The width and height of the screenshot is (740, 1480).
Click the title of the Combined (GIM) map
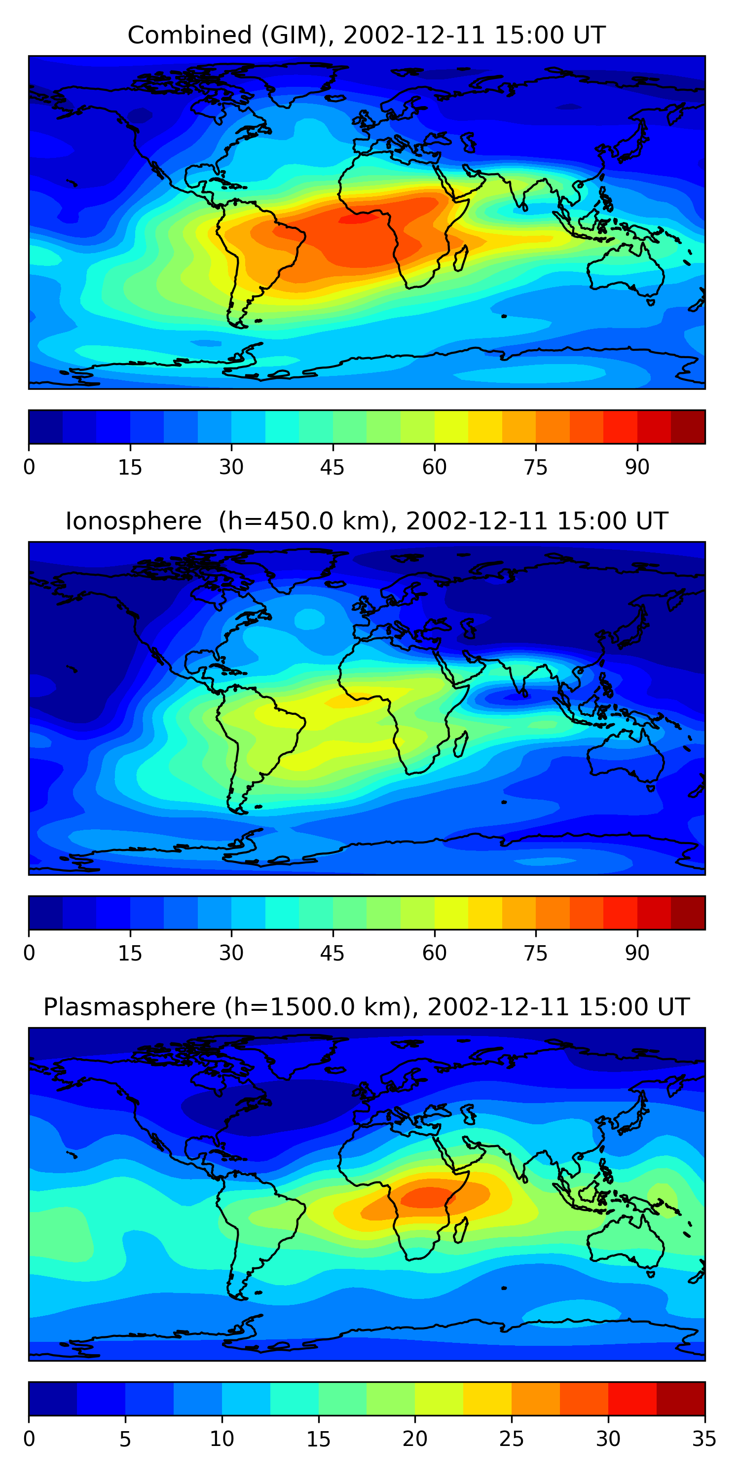click(x=367, y=35)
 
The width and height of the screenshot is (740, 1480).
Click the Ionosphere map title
click(x=367, y=521)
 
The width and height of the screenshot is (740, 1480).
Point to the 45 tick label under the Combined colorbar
click(x=332, y=467)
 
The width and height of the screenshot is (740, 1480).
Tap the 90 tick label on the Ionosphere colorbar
click(x=637, y=953)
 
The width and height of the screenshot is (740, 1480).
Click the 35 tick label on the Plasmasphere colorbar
click(x=704, y=1439)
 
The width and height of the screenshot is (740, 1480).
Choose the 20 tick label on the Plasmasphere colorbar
click(x=415, y=1439)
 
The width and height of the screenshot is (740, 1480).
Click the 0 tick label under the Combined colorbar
click(x=29, y=467)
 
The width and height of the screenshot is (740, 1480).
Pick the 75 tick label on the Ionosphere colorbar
click(x=535, y=953)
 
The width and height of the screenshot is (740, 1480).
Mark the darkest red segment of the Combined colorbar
click(x=688, y=427)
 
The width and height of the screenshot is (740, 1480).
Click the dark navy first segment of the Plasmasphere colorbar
click(x=53, y=1399)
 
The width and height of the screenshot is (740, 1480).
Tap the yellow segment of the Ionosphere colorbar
click(x=485, y=912)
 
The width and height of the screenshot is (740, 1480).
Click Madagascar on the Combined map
click(x=461, y=259)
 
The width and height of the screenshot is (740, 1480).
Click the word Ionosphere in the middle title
click(x=133, y=521)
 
